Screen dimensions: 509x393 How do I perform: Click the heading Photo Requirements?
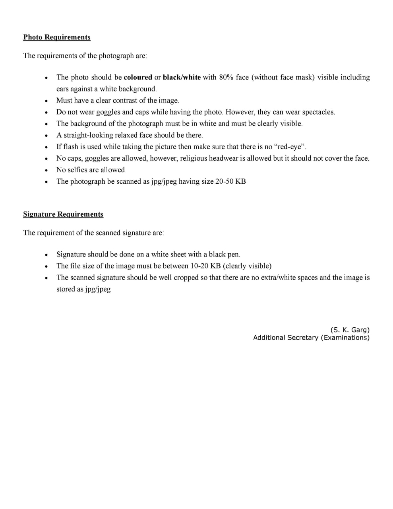pyautogui.click(x=57, y=37)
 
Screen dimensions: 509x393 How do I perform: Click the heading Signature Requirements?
pyautogui.click(x=63, y=214)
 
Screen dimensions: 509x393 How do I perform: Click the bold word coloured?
pyautogui.click(x=138, y=77)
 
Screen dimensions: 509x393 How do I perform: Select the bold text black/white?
pyautogui.click(x=182, y=77)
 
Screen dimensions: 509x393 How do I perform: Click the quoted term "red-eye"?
pyautogui.click(x=290, y=147)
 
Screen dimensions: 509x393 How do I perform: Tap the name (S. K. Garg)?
pyautogui.click(x=350, y=330)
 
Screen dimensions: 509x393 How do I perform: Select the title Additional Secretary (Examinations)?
pyautogui.click(x=311, y=338)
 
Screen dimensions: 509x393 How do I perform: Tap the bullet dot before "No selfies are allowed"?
pyautogui.click(x=47, y=170)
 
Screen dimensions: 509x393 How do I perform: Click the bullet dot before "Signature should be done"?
pyautogui.click(x=47, y=255)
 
